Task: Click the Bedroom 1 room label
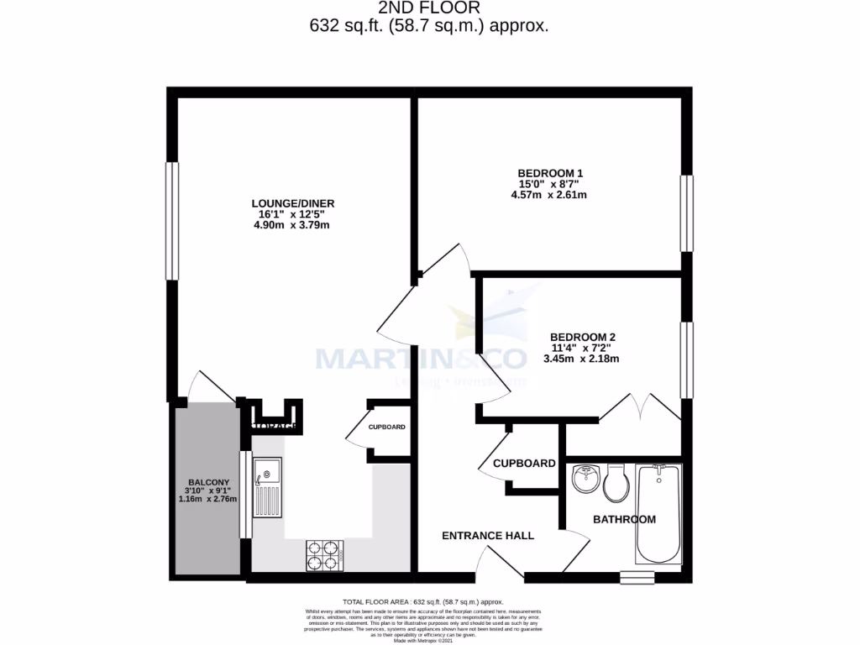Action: click(550, 172)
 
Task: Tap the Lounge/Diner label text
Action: click(287, 202)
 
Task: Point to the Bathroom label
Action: click(624, 519)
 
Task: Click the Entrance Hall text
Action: click(488, 535)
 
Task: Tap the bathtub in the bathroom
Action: click(658, 513)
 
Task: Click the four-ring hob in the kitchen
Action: click(325, 553)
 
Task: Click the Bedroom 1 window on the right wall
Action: click(688, 213)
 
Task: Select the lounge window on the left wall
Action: click(171, 220)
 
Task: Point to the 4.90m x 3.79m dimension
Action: click(287, 224)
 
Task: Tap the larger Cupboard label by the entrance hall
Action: click(524, 463)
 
